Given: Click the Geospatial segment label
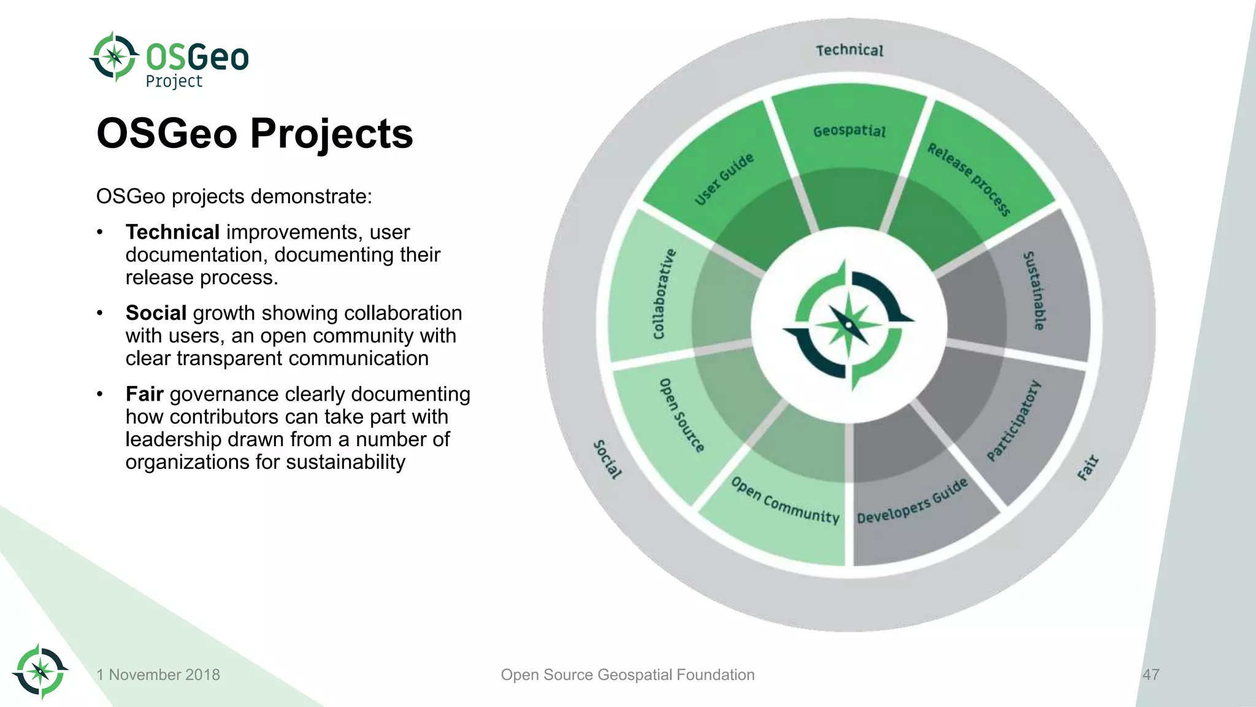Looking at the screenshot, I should [x=849, y=131].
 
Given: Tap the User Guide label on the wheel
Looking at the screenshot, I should [x=724, y=179].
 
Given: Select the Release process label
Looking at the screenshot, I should [x=969, y=179].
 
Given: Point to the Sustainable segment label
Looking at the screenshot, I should [x=1034, y=290].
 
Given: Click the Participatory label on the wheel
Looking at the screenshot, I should [x=1014, y=420].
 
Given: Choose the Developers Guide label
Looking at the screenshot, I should [x=913, y=501].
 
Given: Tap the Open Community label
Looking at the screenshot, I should [x=785, y=501].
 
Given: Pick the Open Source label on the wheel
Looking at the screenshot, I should [x=681, y=415].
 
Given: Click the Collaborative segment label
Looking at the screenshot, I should [x=664, y=294].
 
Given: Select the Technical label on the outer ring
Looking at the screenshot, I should [x=849, y=50].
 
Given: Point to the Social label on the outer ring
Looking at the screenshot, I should [x=607, y=459].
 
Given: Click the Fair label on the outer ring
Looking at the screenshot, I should [x=1088, y=468].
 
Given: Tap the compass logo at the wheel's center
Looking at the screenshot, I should [x=849, y=325].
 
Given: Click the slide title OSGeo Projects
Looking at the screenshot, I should [x=255, y=133].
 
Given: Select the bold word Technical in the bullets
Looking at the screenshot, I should [x=172, y=232].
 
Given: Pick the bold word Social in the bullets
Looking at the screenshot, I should [x=156, y=313].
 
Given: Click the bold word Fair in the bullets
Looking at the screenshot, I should [x=144, y=394].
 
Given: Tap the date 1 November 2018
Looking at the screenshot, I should [x=158, y=674].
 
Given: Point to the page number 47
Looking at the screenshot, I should [x=1151, y=674].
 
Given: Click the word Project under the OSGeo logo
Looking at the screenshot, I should [x=174, y=82].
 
